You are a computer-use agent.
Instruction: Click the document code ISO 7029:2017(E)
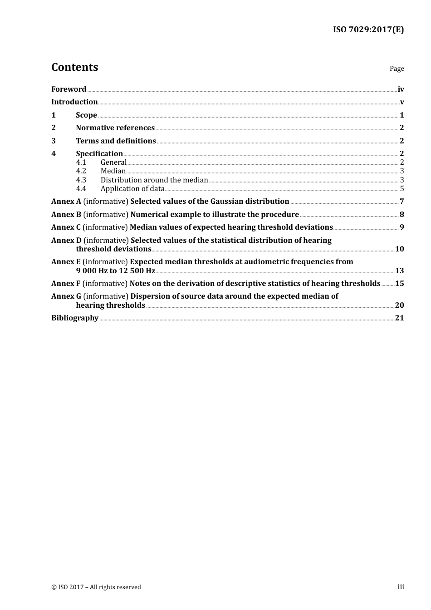tap(368, 30)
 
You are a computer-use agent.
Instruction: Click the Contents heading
tap(74, 67)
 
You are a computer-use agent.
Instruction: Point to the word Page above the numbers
tap(397, 69)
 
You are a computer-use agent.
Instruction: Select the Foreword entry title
tap(69, 89)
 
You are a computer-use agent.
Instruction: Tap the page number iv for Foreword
tap(401, 89)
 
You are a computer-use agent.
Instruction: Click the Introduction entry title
tap(74, 102)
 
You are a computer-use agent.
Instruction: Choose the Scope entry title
tap(86, 115)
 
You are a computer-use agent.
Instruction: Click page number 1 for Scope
tap(402, 115)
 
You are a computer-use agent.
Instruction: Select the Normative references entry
tap(115, 128)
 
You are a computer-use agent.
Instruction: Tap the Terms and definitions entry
tap(116, 141)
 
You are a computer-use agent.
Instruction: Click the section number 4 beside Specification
tap(54, 154)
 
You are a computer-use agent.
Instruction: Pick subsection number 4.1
tap(81, 162)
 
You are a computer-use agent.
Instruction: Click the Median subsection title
tap(113, 171)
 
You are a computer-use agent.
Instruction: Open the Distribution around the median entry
tap(154, 180)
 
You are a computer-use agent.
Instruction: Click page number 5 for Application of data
tap(402, 189)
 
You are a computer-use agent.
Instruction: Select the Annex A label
tap(66, 202)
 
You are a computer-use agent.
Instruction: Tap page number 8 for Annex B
tap(402, 215)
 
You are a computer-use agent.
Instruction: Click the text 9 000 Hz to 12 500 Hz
tap(115, 271)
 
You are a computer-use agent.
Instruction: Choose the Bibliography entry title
tap(75, 318)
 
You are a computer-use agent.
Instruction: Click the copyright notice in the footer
tap(96, 587)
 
